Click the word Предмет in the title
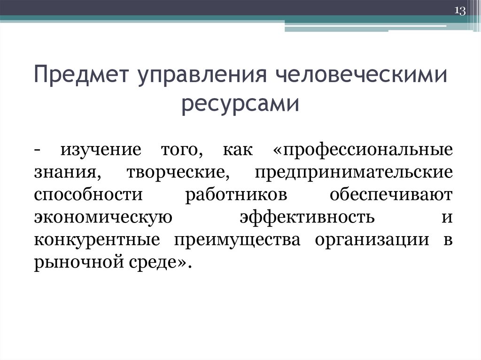click(82, 77)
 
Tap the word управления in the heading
click(197, 77)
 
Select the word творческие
click(177, 173)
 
